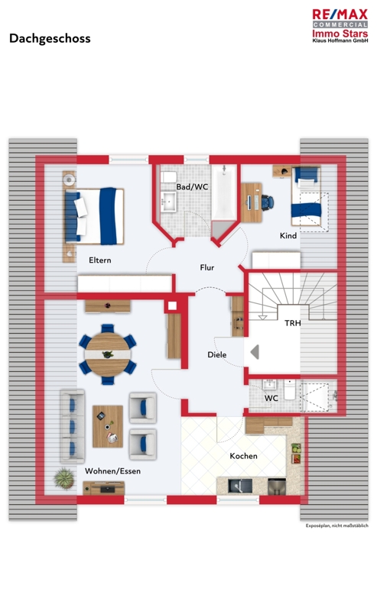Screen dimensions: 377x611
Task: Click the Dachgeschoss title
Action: [50, 39]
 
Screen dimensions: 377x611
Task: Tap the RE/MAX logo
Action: [340, 26]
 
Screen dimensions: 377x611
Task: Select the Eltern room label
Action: [100, 260]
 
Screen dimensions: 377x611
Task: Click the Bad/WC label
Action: [192, 186]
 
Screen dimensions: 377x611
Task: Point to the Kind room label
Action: [288, 235]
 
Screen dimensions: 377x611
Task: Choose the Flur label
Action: [206, 267]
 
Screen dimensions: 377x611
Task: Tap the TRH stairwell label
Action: [293, 322]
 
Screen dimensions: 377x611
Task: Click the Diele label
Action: [216, 354]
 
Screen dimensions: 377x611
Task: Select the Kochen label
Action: [243, 455]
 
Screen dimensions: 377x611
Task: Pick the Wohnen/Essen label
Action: [112, 470]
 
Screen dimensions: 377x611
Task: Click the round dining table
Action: [107, 354]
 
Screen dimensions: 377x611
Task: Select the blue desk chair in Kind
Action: [268, 202]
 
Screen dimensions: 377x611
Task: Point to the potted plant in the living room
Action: [64, 479]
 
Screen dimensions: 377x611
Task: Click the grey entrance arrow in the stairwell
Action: [255, 352]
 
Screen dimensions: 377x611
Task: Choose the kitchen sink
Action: [240, 486]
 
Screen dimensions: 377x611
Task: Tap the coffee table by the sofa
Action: [108, 426]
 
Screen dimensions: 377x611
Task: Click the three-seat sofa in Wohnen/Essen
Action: [72, 426]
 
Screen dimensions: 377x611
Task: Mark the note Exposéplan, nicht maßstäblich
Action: [336, 525]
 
